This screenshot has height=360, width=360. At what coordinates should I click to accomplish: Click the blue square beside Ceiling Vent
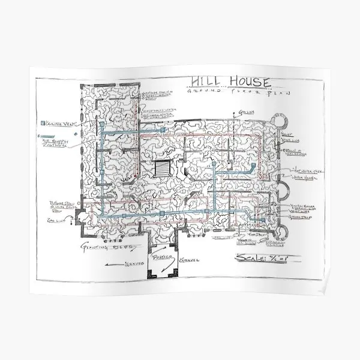[x=43, y=124]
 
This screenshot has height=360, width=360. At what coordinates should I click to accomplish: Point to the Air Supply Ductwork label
[x=58, y=143]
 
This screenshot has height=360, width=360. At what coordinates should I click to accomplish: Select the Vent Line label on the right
[x=295, y=211]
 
